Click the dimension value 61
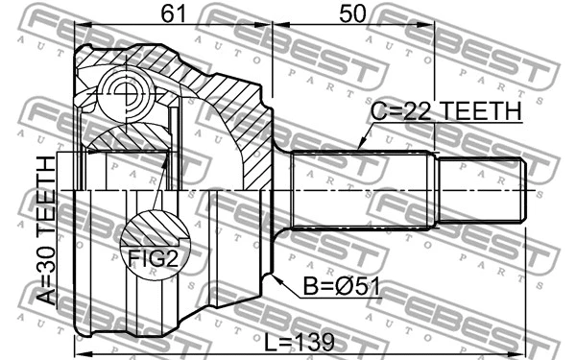click(x=174, y=13)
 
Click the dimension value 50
click(x=352, y=13)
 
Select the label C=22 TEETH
click(x=446, y=110)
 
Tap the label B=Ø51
click(x=341, y=286)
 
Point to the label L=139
click(x=300, y=342)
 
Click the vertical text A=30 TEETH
click(x=47, y=230)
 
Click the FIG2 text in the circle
click(x=153, y=258)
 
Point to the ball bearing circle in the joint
click(x=126, y=94)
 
